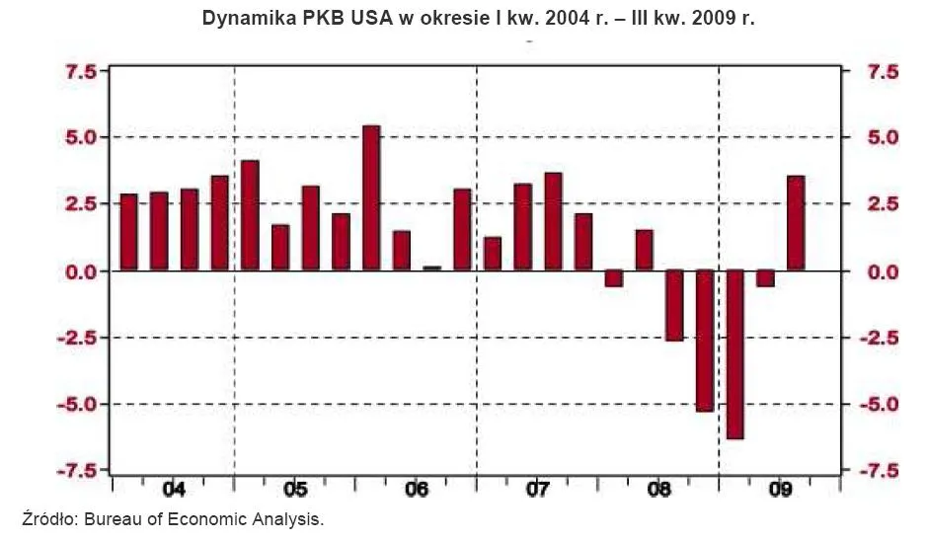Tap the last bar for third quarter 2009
(x=796, y=222)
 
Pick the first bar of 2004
(x=128, y=231)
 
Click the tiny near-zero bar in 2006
(x=431, y=268)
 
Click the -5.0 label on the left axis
(x=76, y=405)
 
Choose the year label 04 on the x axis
(x=174, y=490)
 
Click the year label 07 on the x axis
(x=537, y=490)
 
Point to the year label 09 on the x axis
(x=780, y=490)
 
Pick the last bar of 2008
(x=704, y=340)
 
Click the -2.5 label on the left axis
(x=76, y=338)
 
